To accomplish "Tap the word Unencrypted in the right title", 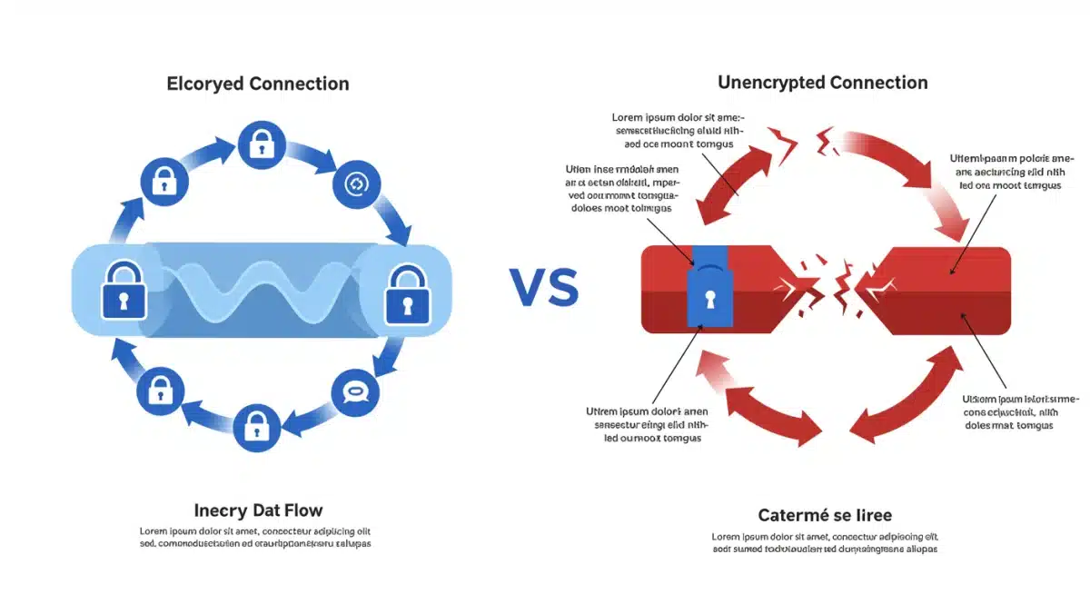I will point(768,83).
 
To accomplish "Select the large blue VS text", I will point(543,287).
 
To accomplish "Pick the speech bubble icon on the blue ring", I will point(353,392).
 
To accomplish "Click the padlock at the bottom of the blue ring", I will point(257,426).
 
